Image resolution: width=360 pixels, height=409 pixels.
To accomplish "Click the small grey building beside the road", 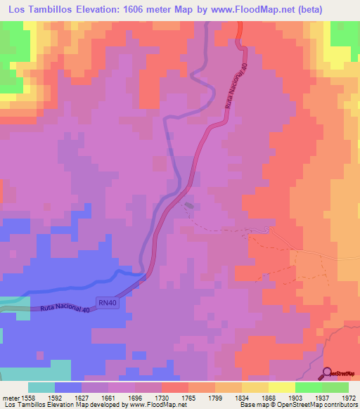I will point(189,206).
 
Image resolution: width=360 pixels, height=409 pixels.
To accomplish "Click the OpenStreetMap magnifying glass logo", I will point(328,372).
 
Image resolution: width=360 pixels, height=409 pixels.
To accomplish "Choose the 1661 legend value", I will point(107,396).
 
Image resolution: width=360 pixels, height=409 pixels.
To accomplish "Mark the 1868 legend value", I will point(269,396).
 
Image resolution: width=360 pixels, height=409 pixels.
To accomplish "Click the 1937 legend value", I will point(322,396).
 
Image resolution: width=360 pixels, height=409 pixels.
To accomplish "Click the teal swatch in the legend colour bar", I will point(41,387).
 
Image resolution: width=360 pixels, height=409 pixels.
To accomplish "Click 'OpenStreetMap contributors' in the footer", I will point(324,405).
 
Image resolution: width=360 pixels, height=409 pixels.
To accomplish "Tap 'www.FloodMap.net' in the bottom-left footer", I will point(157,405).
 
